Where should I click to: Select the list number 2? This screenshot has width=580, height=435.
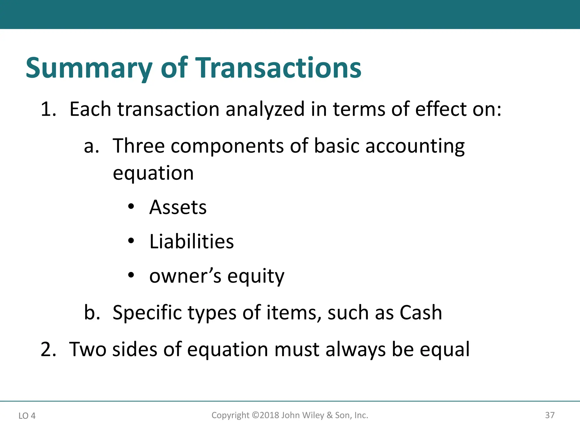pos(48,349)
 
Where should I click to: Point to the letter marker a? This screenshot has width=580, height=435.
pos(91,147)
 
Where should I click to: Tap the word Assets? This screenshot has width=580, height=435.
pos(178,207)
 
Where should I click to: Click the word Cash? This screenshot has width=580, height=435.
pos(421,313)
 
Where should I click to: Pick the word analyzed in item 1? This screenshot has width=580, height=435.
pos(265,109)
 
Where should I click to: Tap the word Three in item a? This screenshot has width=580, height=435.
pos(138,146)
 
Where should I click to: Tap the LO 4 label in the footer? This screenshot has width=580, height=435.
pos(27,416)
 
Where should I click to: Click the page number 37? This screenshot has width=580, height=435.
pos(550,415)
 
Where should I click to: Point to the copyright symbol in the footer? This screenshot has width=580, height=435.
pos(255,415)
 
